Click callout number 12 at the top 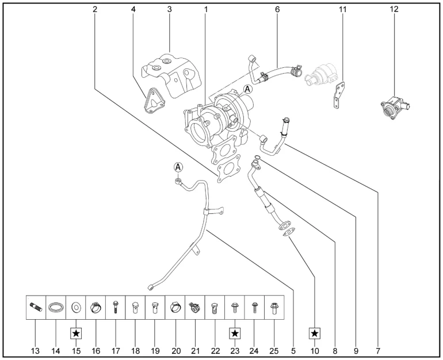point(395,10)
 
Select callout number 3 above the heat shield point(170,10)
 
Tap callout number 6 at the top point(277,10)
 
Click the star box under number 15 point(76,332)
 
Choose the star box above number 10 point(315,332)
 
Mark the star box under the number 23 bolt point(235,332)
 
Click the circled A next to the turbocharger point(247,89)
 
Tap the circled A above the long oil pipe point(178,167)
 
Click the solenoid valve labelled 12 point(395,106)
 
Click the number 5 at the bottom point(295,349)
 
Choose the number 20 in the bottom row point(175,349)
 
